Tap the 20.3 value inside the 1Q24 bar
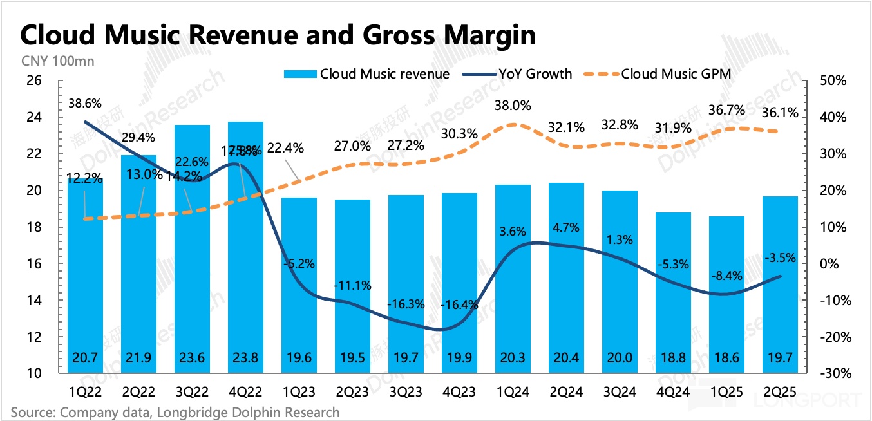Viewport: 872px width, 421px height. point(513,358)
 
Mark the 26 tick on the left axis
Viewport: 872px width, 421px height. point(33,81)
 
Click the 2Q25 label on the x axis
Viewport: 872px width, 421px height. point(781,391)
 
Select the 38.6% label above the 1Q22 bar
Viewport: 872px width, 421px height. point(84,104)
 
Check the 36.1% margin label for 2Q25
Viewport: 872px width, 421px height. point(781,113)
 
